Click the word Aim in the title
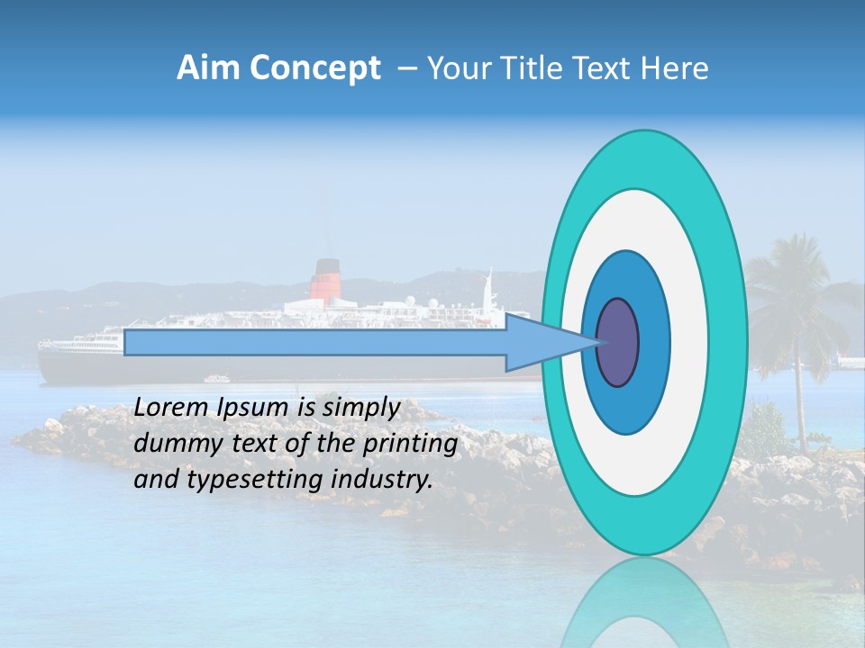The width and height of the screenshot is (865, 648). pos(210,68)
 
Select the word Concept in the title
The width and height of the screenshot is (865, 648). pos(315,69)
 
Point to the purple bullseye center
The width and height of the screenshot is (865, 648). pos(617,342)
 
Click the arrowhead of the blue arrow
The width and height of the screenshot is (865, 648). pos(550,342)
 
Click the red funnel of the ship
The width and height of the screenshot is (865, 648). pos(325,280)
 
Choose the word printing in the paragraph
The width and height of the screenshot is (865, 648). pos(409,444)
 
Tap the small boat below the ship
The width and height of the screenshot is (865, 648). pos(215,379)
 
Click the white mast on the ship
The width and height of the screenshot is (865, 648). pos(488,290)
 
